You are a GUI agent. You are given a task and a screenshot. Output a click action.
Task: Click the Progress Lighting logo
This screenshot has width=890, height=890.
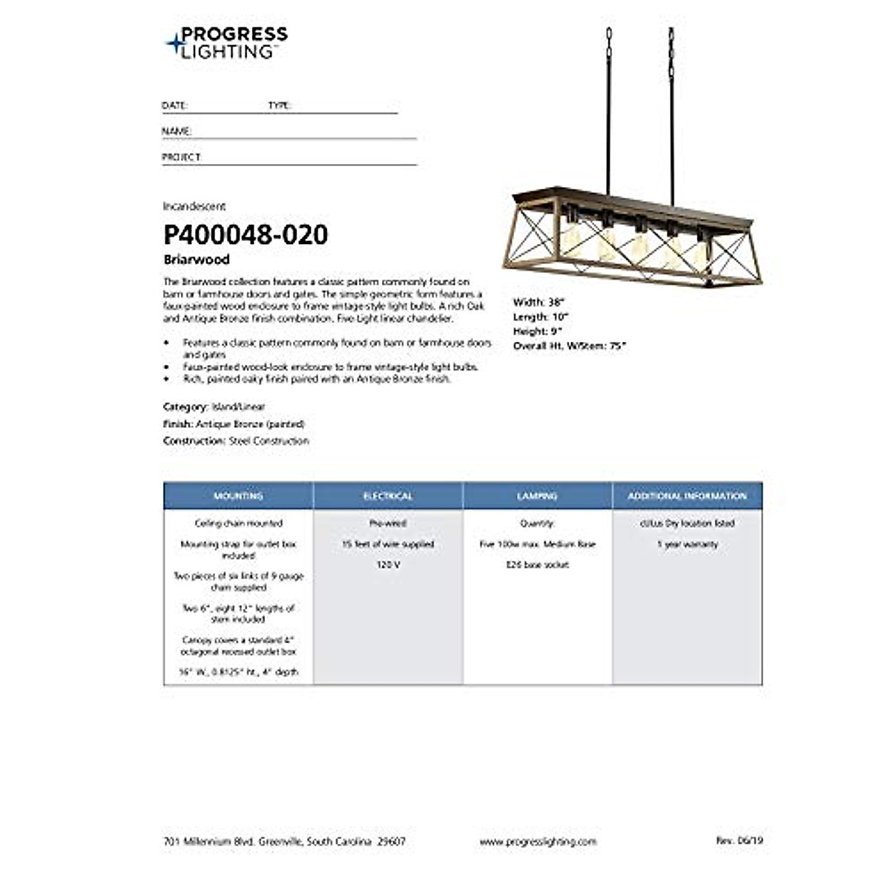click(x=226, y=42)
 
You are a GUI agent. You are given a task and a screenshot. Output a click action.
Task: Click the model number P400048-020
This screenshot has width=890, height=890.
click(x=245, y=235)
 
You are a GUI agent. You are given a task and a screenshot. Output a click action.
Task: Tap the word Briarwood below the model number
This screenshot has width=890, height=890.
click(x=197, y=260)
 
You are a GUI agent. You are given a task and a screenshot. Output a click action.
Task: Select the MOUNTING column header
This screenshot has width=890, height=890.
click(x=238, y=495)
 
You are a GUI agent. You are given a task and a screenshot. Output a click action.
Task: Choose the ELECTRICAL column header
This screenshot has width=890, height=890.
click(x=388, y=495)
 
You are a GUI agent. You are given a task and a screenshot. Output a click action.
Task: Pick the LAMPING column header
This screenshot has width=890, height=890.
click(x=538, y=495)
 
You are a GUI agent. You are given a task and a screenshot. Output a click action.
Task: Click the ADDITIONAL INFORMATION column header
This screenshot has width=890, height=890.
click(x=688, y=495)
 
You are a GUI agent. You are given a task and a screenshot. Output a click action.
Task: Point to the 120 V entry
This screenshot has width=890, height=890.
click(x=388, y=564)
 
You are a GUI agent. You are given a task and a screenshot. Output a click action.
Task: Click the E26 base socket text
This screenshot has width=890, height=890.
click(x=538, y=564)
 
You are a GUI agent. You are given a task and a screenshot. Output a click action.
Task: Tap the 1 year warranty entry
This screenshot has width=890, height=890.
click(x=688, y=544)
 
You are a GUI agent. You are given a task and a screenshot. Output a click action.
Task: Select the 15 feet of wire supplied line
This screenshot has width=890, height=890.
click(x=388, y=544)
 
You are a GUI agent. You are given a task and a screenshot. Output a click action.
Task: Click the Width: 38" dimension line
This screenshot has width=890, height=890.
click(x=539, y=302)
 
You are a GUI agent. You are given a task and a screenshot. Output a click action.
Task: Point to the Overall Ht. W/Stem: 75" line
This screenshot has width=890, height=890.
click(x=570, y=346)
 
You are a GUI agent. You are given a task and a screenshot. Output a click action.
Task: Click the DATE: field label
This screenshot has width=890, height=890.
click(x=175, y=105)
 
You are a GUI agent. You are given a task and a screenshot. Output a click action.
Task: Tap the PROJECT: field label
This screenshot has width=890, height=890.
click(x=182, y=157)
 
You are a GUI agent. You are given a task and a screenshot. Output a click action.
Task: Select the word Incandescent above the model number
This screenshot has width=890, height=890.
click(x=194, y=206)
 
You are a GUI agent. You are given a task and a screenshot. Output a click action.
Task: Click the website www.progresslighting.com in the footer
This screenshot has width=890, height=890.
click(x=538, y=841)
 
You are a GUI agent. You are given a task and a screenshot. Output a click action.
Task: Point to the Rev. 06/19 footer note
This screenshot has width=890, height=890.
click(x=739, y=840)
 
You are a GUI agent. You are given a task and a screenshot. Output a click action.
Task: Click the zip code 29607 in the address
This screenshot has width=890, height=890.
click(x=392, y=841)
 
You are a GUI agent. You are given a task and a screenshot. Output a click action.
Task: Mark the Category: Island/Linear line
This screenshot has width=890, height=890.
click(x=214, y=406)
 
